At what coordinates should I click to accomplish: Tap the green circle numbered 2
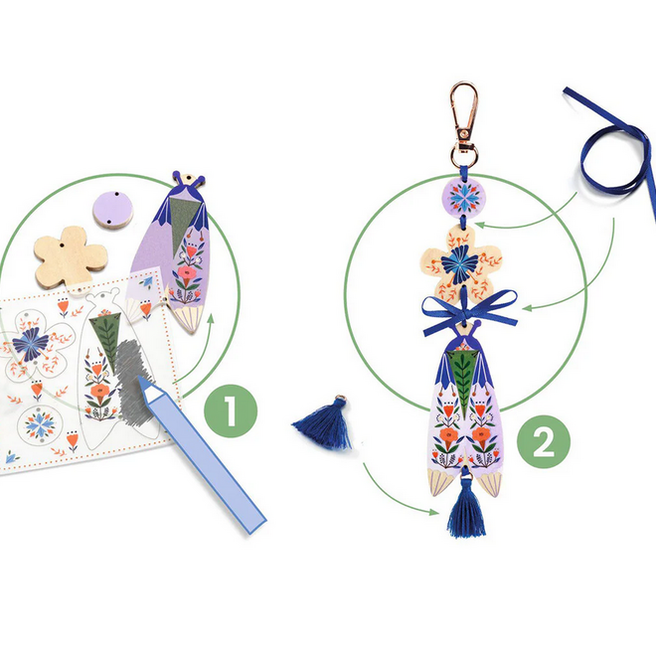543,442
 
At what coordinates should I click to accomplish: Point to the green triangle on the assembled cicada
458,368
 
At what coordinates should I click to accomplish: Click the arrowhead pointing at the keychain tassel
438,512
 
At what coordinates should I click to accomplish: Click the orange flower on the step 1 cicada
188,275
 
